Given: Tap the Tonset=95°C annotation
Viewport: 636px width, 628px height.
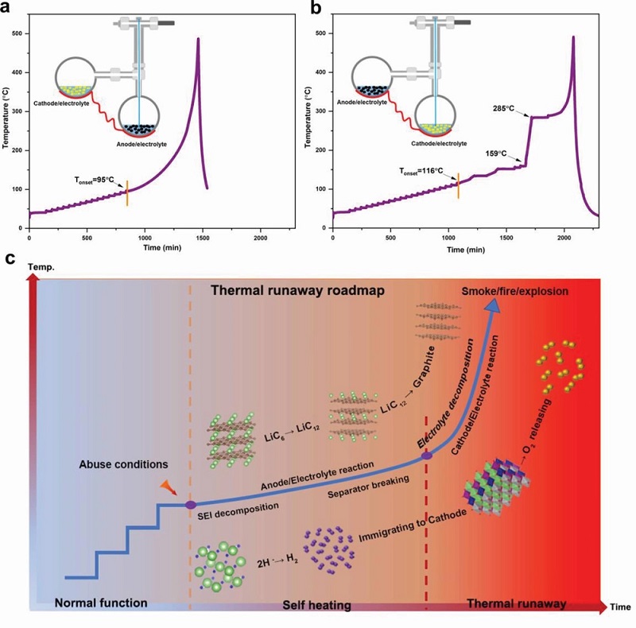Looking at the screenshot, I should click(x=94, y=180).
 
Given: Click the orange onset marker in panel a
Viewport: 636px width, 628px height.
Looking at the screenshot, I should click(x=126, y=192).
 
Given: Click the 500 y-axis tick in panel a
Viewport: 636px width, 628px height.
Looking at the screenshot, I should click(x=18, y=34).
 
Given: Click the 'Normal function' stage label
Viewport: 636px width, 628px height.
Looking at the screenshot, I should click(x=101, y=603).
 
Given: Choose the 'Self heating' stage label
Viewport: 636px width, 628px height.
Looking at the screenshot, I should click(x=317, y=606).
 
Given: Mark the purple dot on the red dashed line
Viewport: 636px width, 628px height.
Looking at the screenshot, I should click(x=427, y=455).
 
